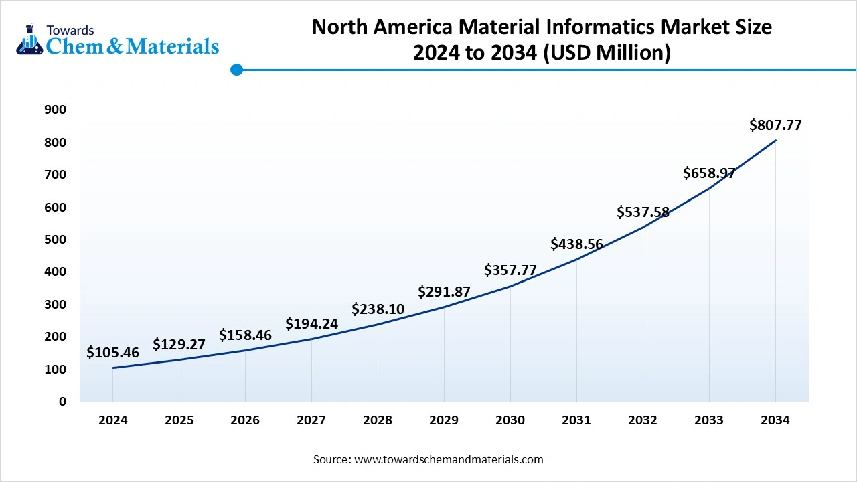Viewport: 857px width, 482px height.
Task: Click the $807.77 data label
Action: [775, 125]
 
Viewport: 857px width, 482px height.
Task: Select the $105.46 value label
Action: [112, 353]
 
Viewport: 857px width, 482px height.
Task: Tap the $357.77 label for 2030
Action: [510, 270]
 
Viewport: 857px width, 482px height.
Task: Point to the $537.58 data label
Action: [643, 212]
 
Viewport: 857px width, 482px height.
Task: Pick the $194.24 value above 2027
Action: [311, 324]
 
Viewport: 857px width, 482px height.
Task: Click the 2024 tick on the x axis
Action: [112, 420]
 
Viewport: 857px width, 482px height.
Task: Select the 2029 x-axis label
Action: [444, 420]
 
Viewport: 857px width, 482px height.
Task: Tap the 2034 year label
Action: [775, 420]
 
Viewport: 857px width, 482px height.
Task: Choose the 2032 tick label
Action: [643, 420]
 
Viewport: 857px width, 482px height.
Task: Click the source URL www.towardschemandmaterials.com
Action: [448, 459]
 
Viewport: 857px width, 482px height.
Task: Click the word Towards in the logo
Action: [70, 30]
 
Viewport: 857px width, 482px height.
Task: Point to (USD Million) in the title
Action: [606, 52]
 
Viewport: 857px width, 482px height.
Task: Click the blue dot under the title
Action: [236, 70]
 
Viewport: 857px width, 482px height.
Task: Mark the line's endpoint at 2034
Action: [775, 140]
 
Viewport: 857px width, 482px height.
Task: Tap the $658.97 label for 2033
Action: [709, 173]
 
